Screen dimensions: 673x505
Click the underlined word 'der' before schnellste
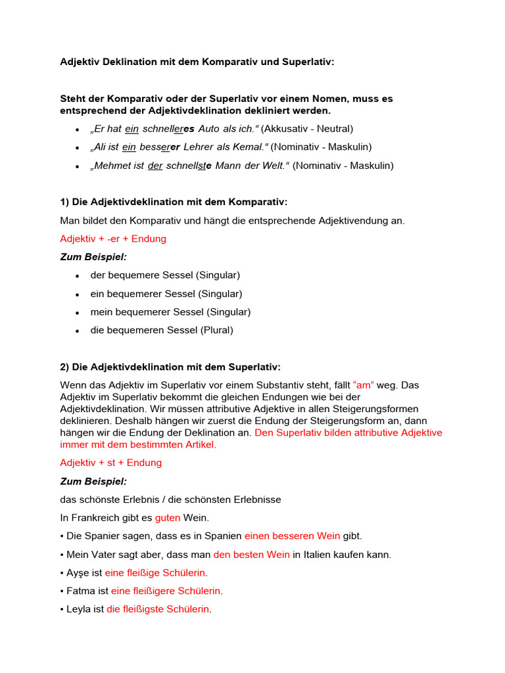[155, 166]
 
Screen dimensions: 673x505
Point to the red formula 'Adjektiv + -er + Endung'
[113, 239]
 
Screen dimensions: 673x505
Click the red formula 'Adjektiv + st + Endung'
[110, 463]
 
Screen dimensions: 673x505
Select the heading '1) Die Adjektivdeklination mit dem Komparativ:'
[174, 202]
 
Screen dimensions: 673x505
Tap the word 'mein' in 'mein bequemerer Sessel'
[101, 312]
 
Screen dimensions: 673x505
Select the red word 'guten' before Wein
[167, 518]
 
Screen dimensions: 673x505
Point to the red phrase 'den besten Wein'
[252, 555]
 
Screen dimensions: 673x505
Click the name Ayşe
[78, 573]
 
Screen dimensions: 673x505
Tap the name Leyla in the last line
[79, 609]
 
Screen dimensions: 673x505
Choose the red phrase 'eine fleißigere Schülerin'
[166, 591]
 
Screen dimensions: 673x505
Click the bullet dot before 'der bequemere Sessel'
[78, 276]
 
